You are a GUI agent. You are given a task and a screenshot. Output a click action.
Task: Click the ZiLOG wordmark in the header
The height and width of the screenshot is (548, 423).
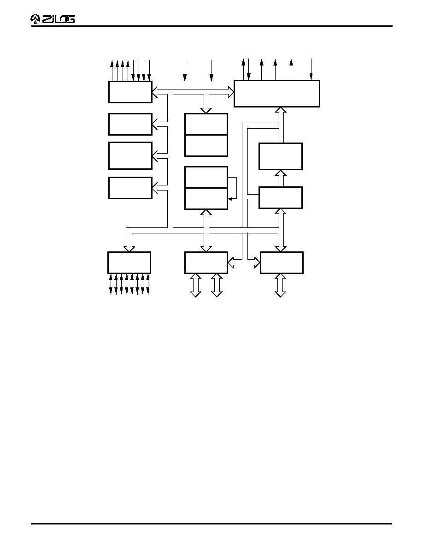click(58, 19)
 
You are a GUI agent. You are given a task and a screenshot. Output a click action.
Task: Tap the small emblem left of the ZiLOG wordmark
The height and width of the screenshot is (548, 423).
click(35, 19)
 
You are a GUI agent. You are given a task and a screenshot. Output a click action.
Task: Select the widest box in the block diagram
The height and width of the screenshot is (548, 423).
click(277, 94)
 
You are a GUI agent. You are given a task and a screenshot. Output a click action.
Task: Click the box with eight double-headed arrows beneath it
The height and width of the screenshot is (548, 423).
click(129, 262)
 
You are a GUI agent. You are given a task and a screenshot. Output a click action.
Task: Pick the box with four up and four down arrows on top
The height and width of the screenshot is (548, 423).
click(130, 92)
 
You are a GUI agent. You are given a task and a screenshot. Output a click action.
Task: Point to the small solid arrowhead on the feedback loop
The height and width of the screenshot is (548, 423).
click(229, 199)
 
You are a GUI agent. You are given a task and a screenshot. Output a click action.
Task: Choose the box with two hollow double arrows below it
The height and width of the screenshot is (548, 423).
click(206, 262)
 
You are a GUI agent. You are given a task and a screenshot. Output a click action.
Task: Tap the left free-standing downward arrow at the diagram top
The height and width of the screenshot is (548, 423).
click(185, 71)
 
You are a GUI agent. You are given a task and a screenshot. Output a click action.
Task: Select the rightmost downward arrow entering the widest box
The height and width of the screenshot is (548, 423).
click(311, 69)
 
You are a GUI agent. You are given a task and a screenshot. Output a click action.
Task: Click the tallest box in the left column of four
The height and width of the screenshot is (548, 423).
click(130, 155)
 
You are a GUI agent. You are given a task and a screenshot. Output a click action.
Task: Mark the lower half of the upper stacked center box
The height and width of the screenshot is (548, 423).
click(206, 146)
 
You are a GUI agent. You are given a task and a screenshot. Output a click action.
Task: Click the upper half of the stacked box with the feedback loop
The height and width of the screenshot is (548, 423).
click(206, 177)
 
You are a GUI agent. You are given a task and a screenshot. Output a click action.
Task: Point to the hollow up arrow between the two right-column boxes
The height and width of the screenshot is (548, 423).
click(281, 178)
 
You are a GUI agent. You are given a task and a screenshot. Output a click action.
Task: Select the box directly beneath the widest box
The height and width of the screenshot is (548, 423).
click(281, 156)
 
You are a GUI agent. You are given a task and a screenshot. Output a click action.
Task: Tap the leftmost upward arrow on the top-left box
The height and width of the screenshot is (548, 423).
click(112, 71)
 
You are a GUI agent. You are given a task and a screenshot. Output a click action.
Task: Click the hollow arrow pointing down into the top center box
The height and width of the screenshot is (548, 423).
click(206, 104)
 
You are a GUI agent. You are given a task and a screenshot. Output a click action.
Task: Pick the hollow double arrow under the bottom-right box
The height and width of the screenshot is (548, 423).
click(281, 285)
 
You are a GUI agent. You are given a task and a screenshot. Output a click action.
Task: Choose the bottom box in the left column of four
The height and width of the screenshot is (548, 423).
click(130, 188)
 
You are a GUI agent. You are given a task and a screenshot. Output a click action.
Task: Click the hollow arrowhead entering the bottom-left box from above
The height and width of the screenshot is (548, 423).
click(129, 249)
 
